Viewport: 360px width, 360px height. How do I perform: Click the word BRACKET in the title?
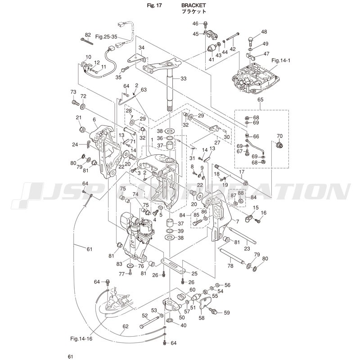[194, 5]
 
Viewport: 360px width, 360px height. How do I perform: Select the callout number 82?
[88, 35]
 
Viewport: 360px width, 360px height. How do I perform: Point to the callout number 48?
[264, 32]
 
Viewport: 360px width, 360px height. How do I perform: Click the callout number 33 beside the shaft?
[183, 79]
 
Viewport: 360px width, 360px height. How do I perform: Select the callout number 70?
[279, 136]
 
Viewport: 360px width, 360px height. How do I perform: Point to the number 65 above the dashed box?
[260, 99]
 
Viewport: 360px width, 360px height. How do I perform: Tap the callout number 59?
[227, 312]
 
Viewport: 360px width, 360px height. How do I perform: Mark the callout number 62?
[126, 327]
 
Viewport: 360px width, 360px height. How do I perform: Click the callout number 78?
[230, 266]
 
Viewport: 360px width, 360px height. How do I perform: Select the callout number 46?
[195, 23]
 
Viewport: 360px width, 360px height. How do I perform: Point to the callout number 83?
[119, 264]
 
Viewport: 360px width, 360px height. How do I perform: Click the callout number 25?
[194, 274]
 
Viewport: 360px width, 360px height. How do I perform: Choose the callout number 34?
[141, 48]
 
